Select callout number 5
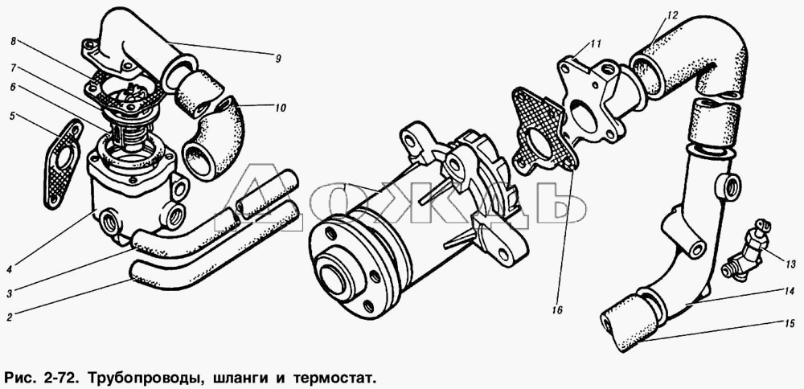pyautogui.click(x=12, y=115)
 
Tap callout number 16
pyautogui.click(x=557, y=310)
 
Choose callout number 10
pyautogui.click(x=280, y=109)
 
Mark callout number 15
pyautogui.click(x=790, y=323)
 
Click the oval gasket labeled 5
pyautogui.click(x=63, y=164)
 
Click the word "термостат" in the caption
pyautogui.click(x=335, y=379)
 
